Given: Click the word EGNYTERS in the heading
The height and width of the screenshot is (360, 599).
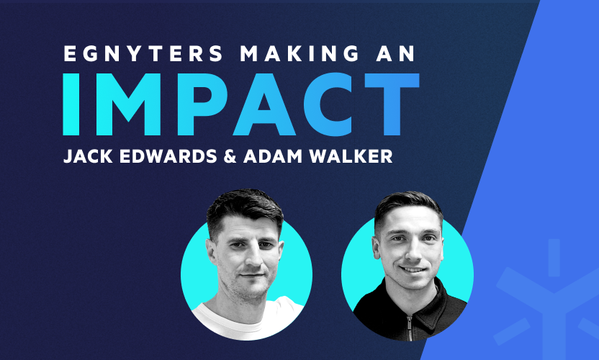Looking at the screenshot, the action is point(143,53).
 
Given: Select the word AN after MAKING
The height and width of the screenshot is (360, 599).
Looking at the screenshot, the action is point(396,53).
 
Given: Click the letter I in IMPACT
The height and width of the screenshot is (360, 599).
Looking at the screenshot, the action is point(71,104).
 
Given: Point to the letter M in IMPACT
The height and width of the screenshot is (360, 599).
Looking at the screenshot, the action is point(128,104).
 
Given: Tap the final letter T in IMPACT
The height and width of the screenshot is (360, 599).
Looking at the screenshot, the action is point(392,104).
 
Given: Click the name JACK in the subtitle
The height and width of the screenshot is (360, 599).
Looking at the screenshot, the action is point(88,156).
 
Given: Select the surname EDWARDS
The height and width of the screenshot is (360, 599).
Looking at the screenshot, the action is point(168,156).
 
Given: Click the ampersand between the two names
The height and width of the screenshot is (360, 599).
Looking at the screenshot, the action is point(230,156).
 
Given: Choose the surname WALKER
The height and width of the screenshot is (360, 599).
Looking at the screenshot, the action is point(351,156).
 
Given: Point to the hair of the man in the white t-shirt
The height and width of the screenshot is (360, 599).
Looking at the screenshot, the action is point(244,209).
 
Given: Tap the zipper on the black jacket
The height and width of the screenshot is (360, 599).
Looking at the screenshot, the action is point(410,328).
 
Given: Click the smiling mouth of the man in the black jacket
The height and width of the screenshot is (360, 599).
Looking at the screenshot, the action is point(413,269).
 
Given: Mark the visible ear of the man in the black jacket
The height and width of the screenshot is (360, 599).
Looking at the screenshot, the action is point(377,248).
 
